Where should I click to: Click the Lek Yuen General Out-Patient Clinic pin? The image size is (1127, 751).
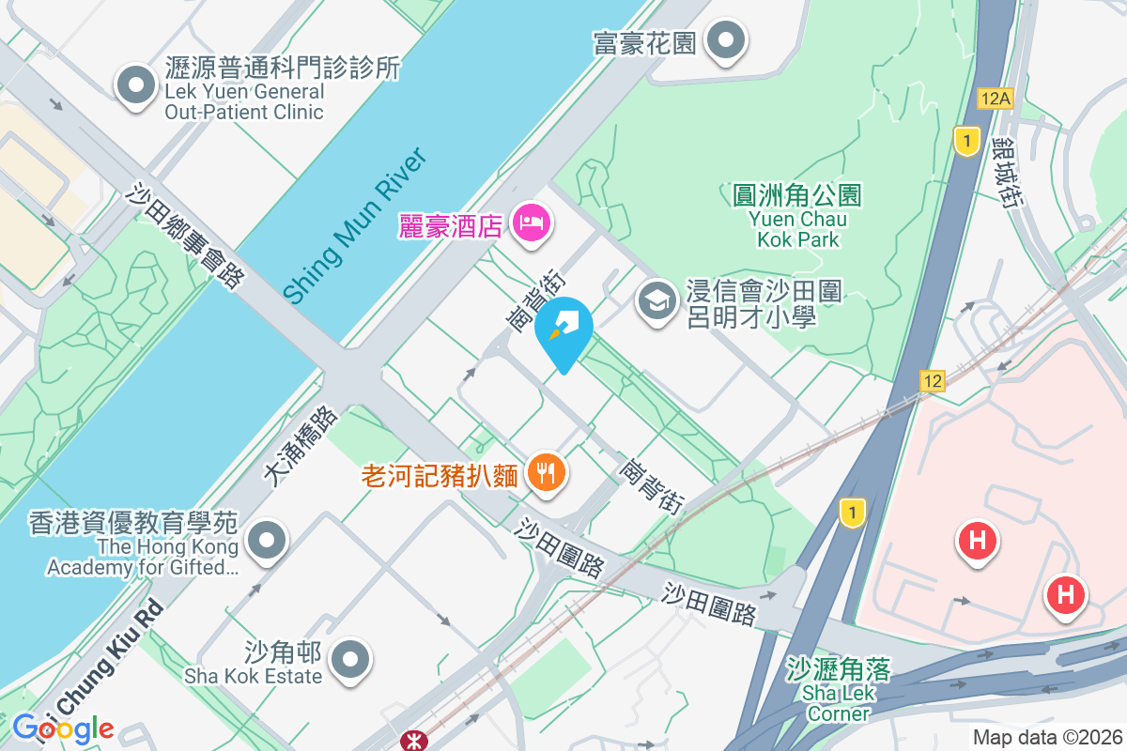click(135, 85)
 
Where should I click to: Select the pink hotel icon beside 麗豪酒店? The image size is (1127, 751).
click(533, 223)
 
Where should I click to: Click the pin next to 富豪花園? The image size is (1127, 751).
click(726, 41)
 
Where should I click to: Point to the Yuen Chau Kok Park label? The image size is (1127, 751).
click(797, 217)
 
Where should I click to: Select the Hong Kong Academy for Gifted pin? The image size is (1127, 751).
click(267, 542)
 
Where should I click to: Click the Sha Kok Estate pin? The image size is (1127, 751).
click(350, 658)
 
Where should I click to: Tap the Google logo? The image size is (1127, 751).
click(63, 728)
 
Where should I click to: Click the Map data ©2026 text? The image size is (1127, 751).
click(1046, 738)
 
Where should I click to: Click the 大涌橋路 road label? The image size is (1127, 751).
click(300, 446)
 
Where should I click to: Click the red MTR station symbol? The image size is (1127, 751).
click(411, 741)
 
